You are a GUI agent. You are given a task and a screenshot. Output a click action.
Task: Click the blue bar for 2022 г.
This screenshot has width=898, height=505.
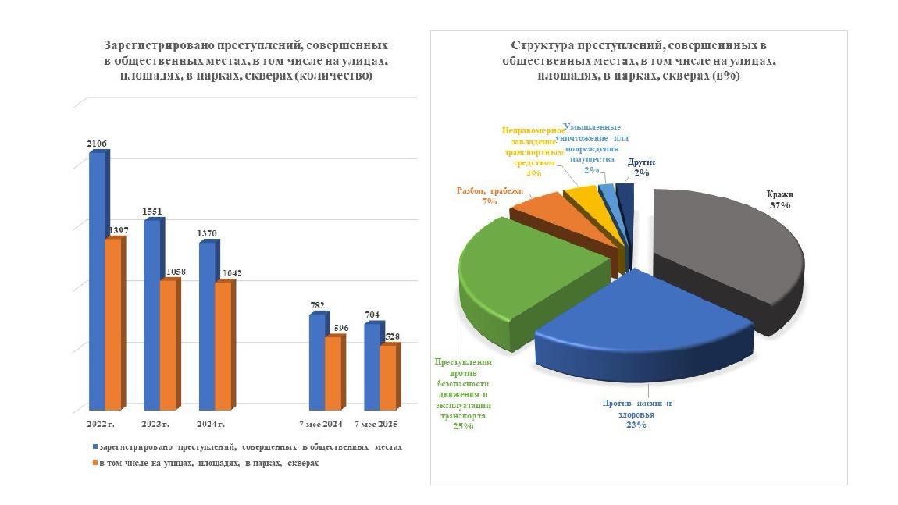(x=97, y=281)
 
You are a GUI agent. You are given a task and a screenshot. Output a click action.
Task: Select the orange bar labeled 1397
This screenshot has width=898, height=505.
(x=113, y=324)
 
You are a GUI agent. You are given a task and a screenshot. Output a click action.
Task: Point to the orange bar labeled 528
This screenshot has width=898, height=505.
(x=388, y=377)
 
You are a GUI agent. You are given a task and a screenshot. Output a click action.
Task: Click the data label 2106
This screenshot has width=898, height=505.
(x=98, y=144)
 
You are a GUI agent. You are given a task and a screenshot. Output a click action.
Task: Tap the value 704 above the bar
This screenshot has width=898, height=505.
(x=372, y=315)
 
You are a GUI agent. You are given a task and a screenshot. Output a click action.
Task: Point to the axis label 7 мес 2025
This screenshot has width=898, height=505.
(x=378, y=423)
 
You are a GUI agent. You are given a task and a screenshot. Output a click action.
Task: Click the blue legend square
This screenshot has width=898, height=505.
(x=94, y=447)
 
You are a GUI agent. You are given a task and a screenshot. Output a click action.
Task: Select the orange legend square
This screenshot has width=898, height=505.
(x=94, y=463)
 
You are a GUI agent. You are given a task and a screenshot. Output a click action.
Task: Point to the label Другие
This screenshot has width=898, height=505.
(x=642, y=162)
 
